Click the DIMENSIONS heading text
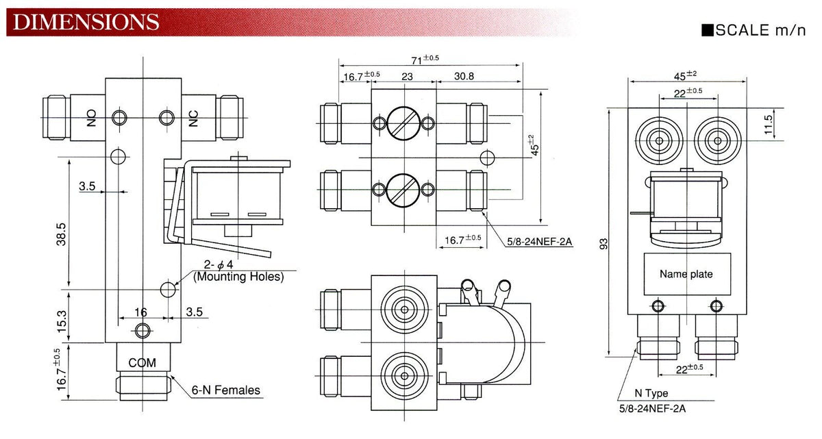(86, 22)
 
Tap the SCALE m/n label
(754, 30)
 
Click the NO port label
(91, 118)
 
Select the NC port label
(193, 118)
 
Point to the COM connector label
(142, 363)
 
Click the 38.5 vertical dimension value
(61, 234)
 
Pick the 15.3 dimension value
(62, 321)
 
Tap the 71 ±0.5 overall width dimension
(425, 59)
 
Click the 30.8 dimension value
(464, 76)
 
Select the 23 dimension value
(407, 77)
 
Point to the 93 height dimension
(603, 244)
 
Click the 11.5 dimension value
(768, 125)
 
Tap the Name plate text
(686, 274)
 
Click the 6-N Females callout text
(225, 390)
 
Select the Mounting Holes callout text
(238, 277)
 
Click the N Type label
(651, 393)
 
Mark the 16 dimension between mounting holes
(140, 312)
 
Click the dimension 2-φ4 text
(219, 264)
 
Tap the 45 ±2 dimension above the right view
(685, 75)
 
